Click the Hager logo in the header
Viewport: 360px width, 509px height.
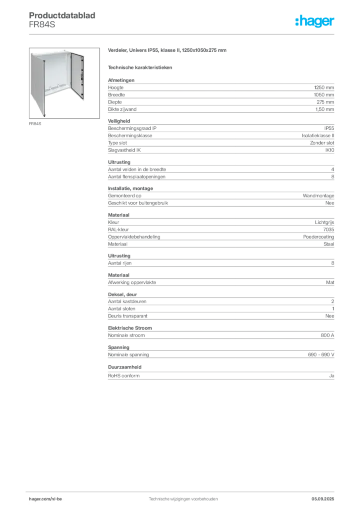[x=314, y=21]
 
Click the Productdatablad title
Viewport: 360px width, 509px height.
[x=62, y=15]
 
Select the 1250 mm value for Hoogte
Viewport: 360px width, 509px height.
[x=324, y=87]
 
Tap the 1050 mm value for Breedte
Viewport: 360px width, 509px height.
[x=324, y=95]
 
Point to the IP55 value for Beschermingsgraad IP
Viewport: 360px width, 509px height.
[x=329, y=128]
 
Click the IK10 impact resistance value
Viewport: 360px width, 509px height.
[x=330, y=150]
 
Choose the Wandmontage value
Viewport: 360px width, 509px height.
[x=318, y=196]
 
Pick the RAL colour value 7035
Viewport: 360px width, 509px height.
[x=329, y=230]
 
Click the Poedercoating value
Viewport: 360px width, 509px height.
[x=318, y=237]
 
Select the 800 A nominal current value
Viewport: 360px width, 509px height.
[x=327, y=336]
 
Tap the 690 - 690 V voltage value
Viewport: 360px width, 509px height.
[x=321, y=355]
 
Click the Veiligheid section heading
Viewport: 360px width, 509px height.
[x=119, y=121]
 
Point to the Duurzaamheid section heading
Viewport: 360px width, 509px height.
[x=125, y=367]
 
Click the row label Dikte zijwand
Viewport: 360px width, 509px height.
[x=122, y=109]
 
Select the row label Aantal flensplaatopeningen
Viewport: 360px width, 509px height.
[x=137, y=177]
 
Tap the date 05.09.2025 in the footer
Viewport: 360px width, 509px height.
[x=323, y=499]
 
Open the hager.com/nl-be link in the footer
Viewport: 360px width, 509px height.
[x=45, y=499]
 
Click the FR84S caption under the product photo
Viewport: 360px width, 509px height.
[x=35, y=124]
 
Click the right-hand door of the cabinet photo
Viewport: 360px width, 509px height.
[x=77, y=76]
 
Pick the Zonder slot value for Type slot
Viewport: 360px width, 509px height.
[x=322, y=143]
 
